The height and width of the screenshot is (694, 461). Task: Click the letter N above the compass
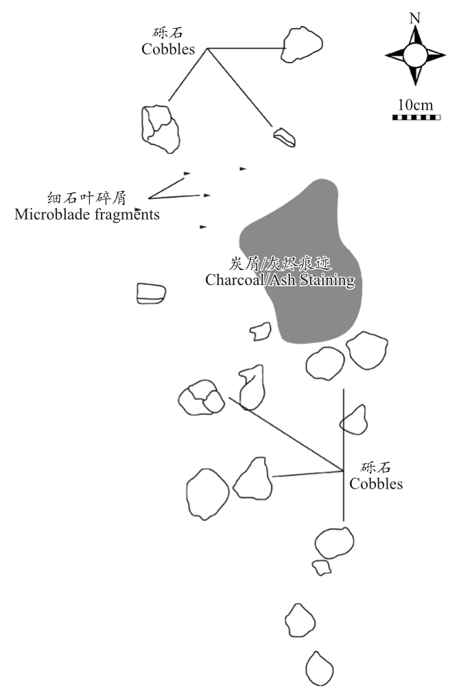point(414,18)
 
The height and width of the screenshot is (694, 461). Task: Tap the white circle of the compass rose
point(415,56)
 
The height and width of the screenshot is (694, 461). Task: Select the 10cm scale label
point(415,105)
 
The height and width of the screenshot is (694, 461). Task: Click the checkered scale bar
point(416,117)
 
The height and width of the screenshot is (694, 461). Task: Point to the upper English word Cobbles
point(168,49)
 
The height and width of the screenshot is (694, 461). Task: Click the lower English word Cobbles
point(376,483)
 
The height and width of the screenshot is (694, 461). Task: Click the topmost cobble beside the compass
point(301,44)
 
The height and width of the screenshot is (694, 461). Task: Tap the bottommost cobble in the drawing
point(319,669)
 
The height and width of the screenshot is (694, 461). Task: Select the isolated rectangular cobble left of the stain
point(151,293)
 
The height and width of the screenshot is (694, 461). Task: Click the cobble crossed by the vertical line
point(353,421)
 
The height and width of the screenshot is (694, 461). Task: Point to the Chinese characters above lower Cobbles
point(376,467)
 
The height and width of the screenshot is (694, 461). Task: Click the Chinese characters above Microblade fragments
point(87,198)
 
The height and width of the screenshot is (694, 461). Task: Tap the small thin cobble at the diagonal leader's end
point(284,137)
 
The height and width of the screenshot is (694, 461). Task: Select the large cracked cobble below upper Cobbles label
point(161,129)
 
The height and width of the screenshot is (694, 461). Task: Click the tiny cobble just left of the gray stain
point(261,331)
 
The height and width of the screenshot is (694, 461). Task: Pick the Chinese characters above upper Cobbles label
point(168,33)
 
